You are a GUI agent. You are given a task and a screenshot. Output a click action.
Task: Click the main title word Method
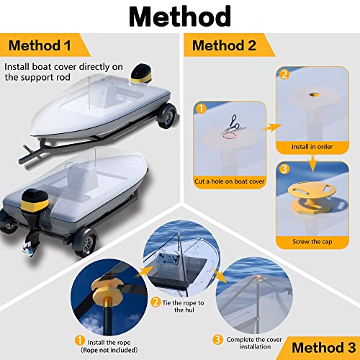[179, 16]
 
